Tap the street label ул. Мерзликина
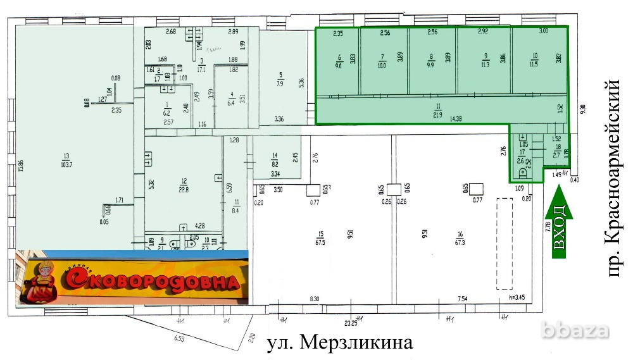(339, 344)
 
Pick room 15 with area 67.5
(321, 239)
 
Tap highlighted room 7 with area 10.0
(382, 61)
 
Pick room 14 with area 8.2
(275, 158)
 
